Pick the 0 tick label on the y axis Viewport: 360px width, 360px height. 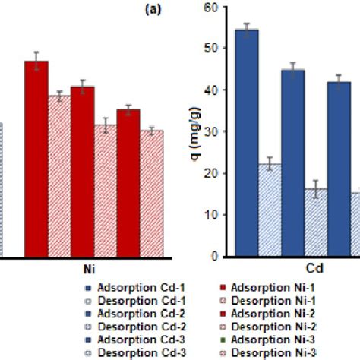[x=219, y=257]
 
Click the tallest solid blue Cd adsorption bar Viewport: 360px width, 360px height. [x=247, y=144]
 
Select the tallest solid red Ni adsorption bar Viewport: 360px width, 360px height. [x=36, y=159]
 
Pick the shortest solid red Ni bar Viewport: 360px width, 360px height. [x=128, y=182]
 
